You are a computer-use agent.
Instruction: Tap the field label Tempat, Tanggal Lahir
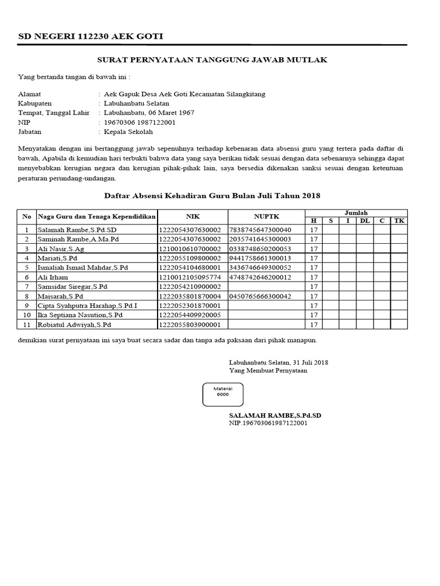pos(49,113)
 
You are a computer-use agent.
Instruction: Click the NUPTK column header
pos(266,217)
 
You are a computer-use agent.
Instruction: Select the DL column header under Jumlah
pos(365,221)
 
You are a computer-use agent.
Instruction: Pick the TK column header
pos(399,221)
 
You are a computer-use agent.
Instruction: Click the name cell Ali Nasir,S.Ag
pos(61,249)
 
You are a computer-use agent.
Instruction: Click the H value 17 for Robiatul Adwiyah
pos(313,324)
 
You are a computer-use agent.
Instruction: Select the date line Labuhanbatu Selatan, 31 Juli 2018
pos(278,362)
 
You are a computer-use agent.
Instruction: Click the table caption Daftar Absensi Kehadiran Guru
pos(212,196)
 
